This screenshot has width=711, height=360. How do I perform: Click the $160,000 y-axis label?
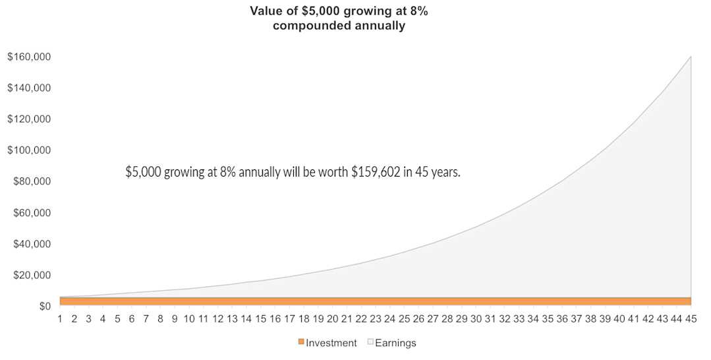(28, 57)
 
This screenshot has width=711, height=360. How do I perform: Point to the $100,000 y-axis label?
(28, 150)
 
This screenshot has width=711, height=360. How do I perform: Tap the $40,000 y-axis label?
(31, 244)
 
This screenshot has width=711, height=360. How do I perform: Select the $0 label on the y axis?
(45, 307)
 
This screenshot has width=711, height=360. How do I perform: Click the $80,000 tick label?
(31, 181)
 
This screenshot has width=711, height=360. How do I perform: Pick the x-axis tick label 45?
(691, 318)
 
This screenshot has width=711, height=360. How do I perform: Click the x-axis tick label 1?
(60, 318)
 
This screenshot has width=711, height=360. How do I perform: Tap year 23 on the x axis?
(375, 318)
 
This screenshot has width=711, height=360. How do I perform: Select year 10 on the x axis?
(189, 318)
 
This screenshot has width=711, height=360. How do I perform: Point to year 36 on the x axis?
(562, 318)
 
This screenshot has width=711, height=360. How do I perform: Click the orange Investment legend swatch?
(300, 342)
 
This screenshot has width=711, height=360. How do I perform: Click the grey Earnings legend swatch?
(370, 342)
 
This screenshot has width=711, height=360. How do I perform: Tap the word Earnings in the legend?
(395, 344)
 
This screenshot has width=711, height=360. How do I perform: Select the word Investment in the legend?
(331, 344)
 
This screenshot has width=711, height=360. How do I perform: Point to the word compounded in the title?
(312, 26)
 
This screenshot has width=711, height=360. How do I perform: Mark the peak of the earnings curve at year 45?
(691, 57)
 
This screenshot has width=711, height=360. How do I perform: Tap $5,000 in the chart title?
(318, 11)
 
